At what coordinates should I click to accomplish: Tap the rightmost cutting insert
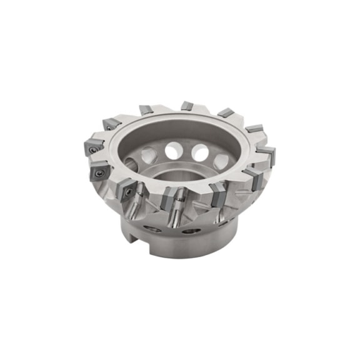click(x=267, y=154)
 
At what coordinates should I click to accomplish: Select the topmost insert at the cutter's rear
click(x=187, y=106)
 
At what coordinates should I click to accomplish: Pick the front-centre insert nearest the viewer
click(x=171, y=198)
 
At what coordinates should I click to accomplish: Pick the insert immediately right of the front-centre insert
click(x=217, y=194)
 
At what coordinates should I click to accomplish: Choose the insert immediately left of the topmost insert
click(x=146, y=110)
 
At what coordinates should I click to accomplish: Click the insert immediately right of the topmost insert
click(x=225, y=113)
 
